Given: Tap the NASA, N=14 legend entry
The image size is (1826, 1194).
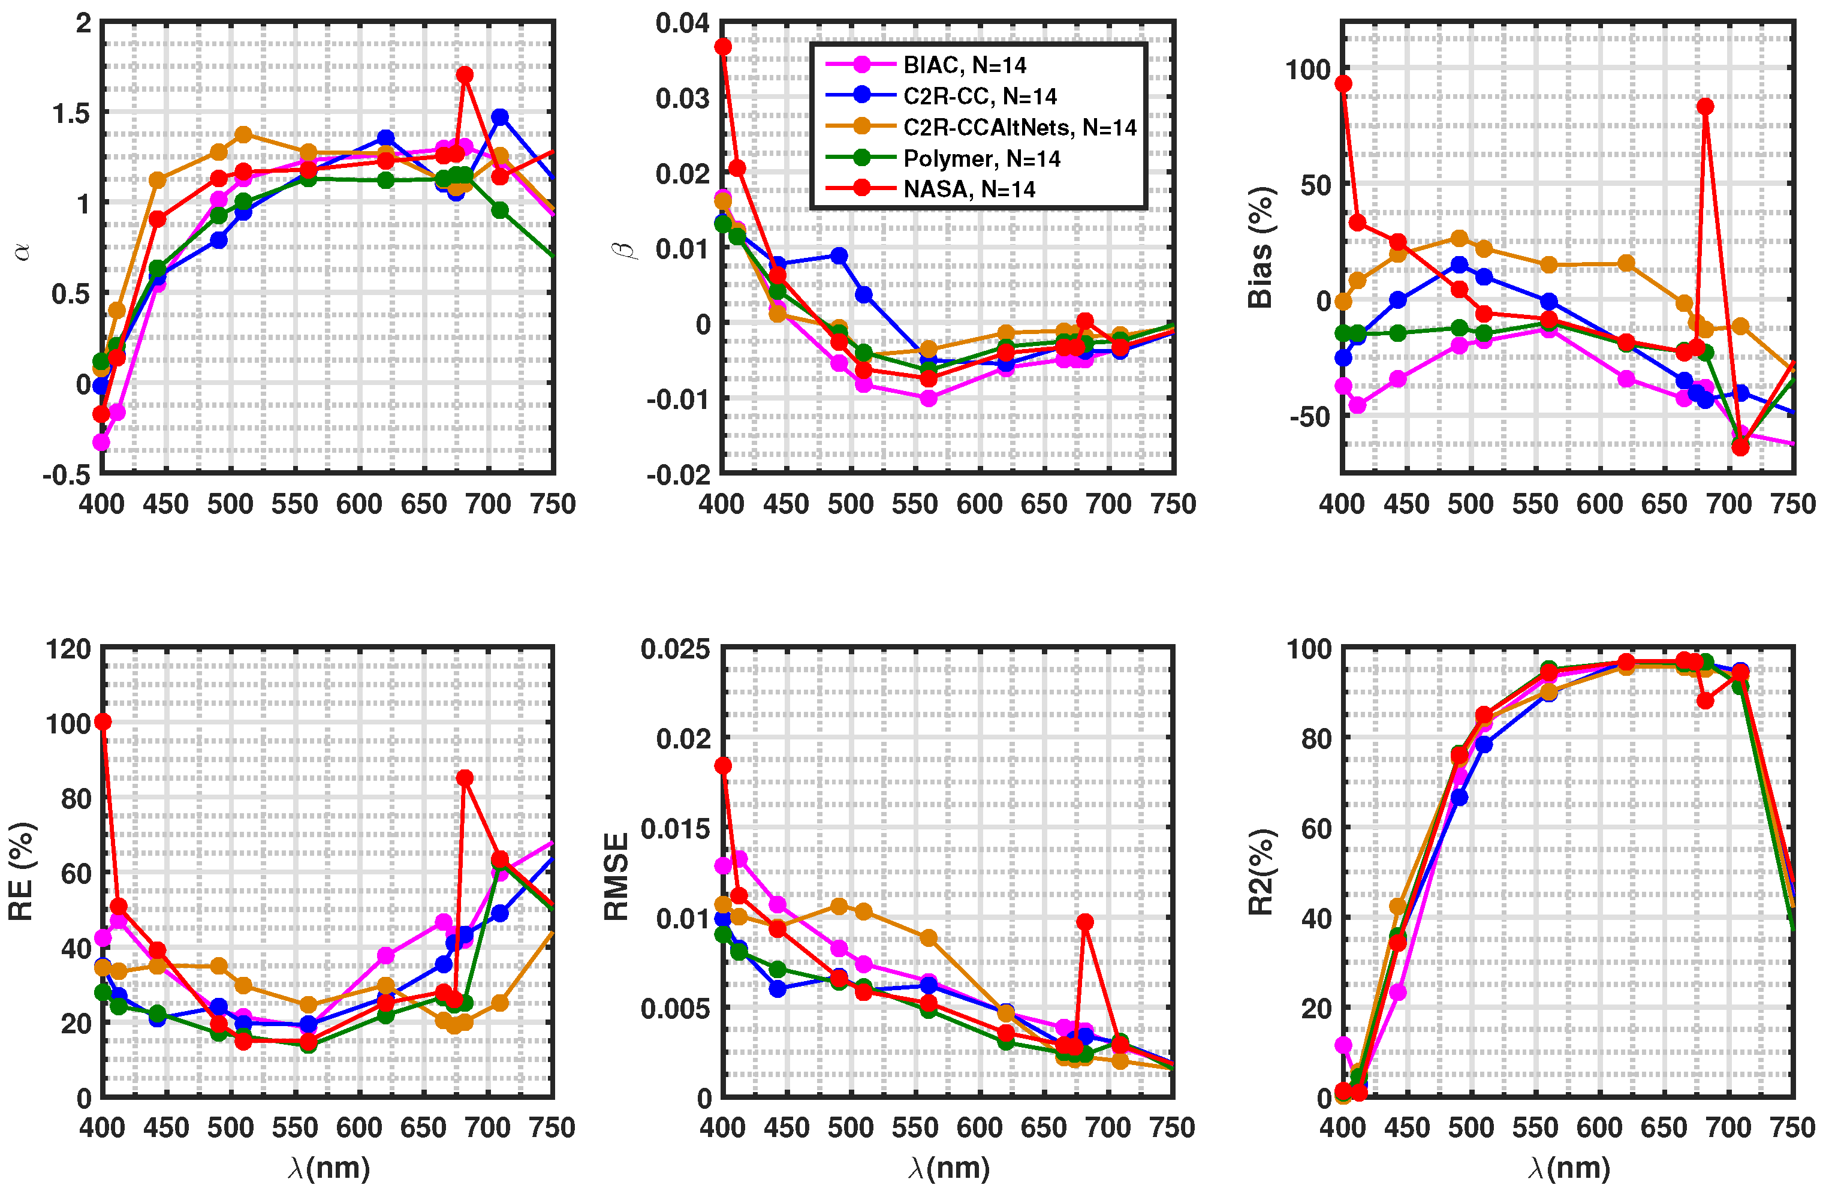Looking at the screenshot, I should pos(968,190).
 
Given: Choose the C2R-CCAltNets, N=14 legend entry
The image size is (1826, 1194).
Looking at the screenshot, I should pos(1019,127).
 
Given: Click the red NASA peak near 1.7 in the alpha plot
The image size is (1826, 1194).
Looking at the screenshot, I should pos(464,74).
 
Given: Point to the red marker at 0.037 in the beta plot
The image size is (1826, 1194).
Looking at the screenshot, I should pos(723,47).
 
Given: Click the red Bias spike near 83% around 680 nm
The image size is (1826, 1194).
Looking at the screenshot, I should pos(1705,107).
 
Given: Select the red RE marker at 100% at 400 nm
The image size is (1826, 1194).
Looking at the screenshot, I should pos(103,722).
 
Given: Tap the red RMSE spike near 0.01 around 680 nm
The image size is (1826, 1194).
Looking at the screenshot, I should pos(1084,922).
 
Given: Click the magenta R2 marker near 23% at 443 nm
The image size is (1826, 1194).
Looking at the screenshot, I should pos(1397,992).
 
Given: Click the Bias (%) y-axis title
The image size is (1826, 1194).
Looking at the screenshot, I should pos(1259,248).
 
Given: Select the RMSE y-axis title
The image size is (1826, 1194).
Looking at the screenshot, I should pos(616,876).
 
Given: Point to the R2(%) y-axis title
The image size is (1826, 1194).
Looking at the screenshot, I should pos(1259,873).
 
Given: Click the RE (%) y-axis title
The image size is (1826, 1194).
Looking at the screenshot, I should pos(21,871).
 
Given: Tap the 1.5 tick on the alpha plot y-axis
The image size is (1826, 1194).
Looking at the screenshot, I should pos(71,113).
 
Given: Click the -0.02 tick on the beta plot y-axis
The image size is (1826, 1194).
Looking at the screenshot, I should pos(678,476).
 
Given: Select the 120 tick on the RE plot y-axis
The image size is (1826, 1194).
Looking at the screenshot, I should pos(68,649).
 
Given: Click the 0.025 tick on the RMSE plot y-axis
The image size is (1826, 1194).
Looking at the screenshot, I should pos(675,649).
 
